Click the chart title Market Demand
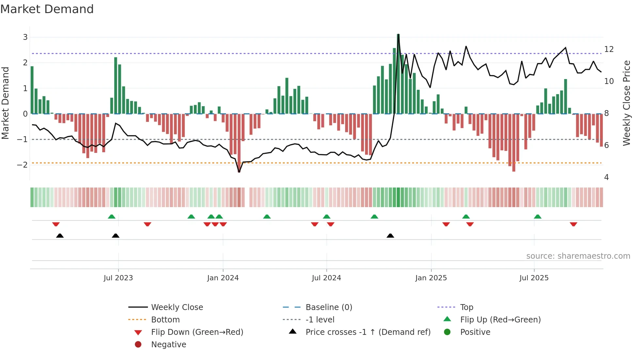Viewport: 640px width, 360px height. pyautogui.click(x=47, y=9)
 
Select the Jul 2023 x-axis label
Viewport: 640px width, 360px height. pyautogui.click(x=118, y=278)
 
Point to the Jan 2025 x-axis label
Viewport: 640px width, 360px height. pyautogui.click(x=431, y=278)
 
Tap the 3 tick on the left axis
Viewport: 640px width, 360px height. pyautogui.click(x=25, y=37)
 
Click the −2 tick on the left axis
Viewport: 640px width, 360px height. pyautogui.click(x=23, y=165)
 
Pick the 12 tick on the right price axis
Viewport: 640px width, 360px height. pyautogui.click(x=609, y=49)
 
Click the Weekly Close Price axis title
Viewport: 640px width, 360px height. pyautogui.click(x=626, y=103)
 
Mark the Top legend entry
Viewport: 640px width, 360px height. pyautogui.click(x=467, y=307)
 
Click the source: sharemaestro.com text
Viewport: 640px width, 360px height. pyautogui.click(x=578, y=256)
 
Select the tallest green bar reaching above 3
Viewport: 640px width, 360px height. pyautogui.click(x=398, y=74)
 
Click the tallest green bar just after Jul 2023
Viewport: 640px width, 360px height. pyautogui.click(x=116, y=86)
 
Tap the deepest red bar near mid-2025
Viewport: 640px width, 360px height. pyautogui.click(x=514, y=142)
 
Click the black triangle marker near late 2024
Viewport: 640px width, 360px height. pyautogui.click(x=390, y=236)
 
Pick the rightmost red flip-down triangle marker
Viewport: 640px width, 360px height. pyautogui.click(x=573, y=224)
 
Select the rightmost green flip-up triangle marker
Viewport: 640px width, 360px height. pyautogui.click(x=537, y=217)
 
